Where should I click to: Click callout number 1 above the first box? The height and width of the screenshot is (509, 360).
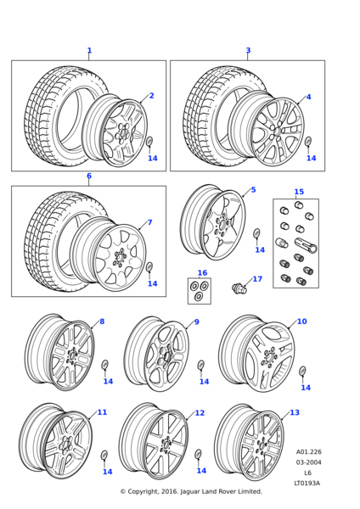(89, 51)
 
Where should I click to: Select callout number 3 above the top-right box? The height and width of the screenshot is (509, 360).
(248, 51)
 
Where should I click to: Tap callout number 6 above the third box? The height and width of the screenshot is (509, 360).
(88, 176)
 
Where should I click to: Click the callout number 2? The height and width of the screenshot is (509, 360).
(152, 96)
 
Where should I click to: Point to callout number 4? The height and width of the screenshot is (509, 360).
(308, 97)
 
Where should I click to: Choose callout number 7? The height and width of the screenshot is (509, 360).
(149, 223)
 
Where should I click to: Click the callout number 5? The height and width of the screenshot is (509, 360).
(253, 190)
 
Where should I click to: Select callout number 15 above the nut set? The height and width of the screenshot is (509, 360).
(298, 192)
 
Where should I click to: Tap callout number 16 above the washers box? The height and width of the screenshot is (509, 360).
(202, 273)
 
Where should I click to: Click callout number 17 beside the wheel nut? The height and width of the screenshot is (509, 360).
(257, 279)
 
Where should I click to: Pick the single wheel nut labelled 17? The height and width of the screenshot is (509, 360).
(239, 288)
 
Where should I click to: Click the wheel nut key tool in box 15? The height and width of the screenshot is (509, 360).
(308, 248)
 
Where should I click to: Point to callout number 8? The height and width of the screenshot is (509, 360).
(102, 322)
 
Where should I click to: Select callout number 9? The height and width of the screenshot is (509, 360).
(196, 322)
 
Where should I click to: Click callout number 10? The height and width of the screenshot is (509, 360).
(301, 322)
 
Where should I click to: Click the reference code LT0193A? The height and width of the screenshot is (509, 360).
(307, 484)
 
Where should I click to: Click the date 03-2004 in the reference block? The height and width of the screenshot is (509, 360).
(307, 462)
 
